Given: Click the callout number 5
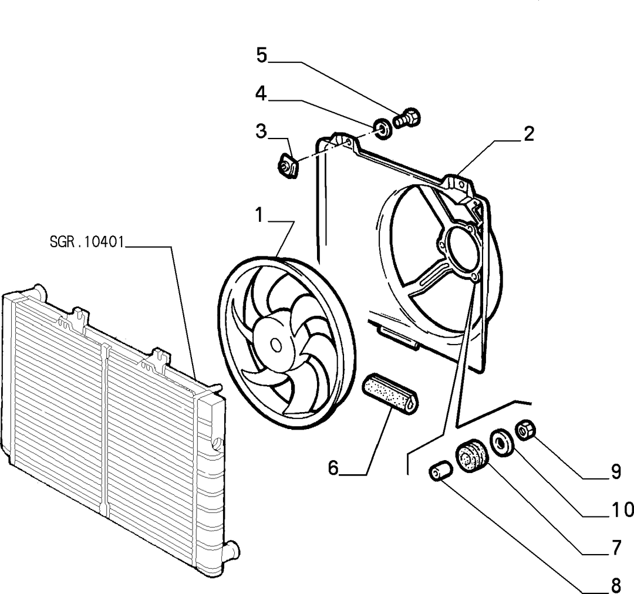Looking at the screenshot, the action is pyautogui.click(x=262, y=55).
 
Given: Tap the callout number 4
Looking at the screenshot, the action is pyautogui.click(x=261, y=94).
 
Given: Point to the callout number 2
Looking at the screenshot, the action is pyautogui.click(x=529, y=134).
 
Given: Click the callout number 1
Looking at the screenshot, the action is pyautogui.click(x=259, y=215).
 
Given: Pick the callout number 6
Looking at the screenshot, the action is pyautogui.click(x=333, y=468).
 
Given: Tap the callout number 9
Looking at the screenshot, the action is pyautogui.click(x=615, y=471).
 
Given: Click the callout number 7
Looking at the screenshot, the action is pyautogui.click(x=616, y=548).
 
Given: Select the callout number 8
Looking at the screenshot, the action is pyautogui.click(x=616, y=585).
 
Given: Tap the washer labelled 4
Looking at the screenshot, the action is pyautogui.click(x=382, y=129).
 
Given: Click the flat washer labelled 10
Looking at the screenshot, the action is pyautogui.click(x=502, y=443).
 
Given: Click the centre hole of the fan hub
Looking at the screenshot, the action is pyautogui.click(x=276, y=344).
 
